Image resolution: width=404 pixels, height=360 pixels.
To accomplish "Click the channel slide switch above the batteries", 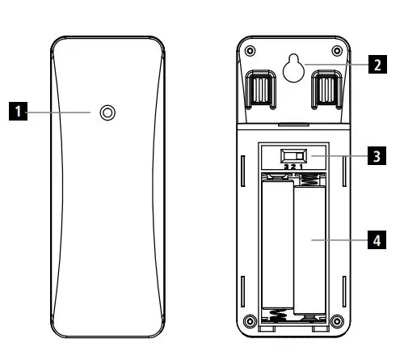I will [293, 155].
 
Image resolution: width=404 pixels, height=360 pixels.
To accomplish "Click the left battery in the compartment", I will [277, 247].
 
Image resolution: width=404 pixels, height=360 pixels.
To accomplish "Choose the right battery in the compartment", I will [310, 247].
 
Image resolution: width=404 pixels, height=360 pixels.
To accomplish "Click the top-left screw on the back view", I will [250, 51].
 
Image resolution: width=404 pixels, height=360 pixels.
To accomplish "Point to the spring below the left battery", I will [277, 317].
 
